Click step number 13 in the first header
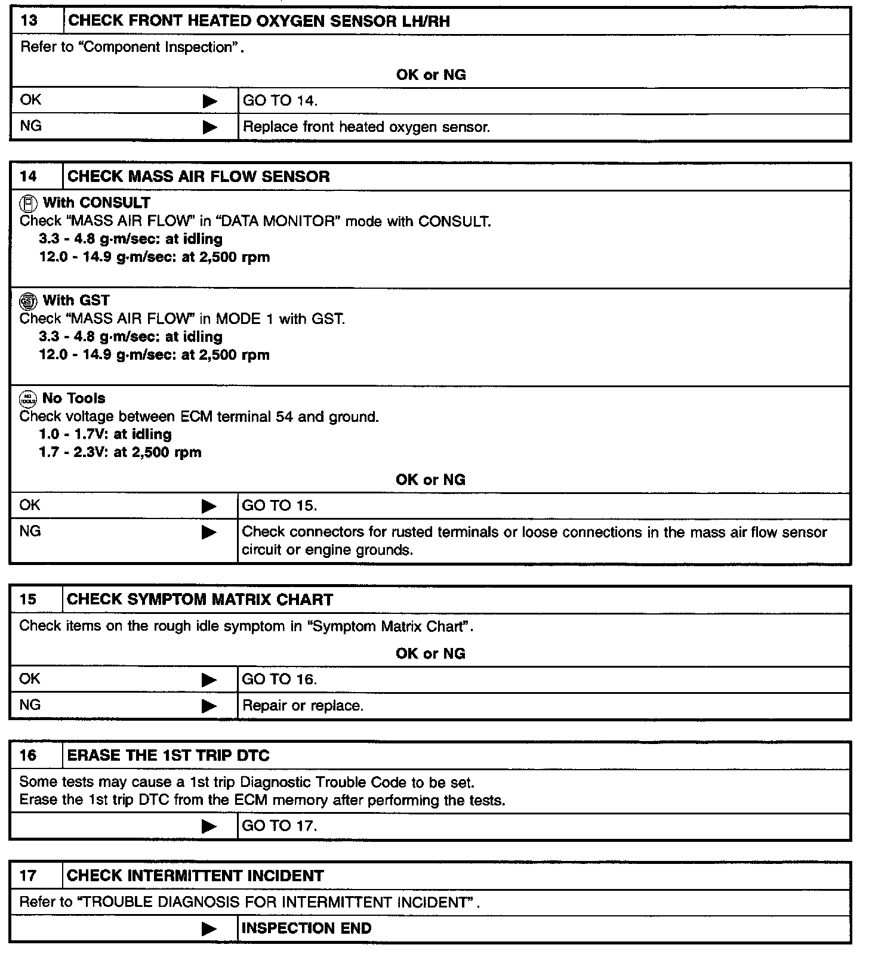pyautogui.click(x=29, y=21)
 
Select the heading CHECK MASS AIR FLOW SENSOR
pyautogui.click(x=198, y=177)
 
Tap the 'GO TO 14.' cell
pyautogui.click(x=280, y=101)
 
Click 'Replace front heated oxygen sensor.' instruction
pyautogui.click(x=366, y=127)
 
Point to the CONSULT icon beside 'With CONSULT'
pyautogui.click(x=27, y=204)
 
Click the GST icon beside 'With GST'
pyautogui.click(x=27, y=301)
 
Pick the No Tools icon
pyautogui.click(x=27, y=399)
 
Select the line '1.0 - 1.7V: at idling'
pyautogui.click(x=105, y=434)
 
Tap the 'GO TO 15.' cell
pyautogui.click(x=279, y=506)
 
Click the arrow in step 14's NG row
pyautogui.click(x=209, y=532)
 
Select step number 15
pyautogui.click(x=28, y=600)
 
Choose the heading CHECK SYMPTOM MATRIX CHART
pyautogui.click(x=200, y=600)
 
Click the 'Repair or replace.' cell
pyautogui.click(x=303, y=706)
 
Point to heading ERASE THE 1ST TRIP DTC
pyautogui.click(x=168, y=756)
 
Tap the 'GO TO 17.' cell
pyautogui.click(x=279, y=826)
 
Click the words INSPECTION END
pyautogui.click(x=306, y=928)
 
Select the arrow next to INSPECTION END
pyautogui.click(x=209, y=929)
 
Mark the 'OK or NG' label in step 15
pyautogui.click(x=430, y=654)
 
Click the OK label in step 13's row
pyautogui.click(x=31, y=100)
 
